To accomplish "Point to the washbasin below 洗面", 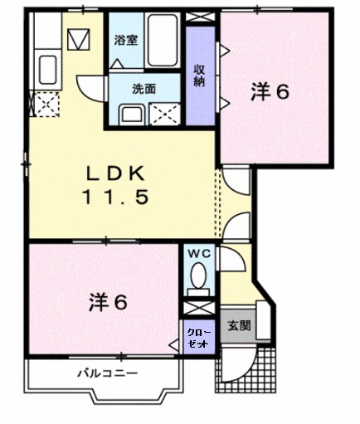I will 131,114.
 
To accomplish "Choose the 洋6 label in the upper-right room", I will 270,92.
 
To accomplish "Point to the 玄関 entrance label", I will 239,325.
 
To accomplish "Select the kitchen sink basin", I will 47,66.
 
